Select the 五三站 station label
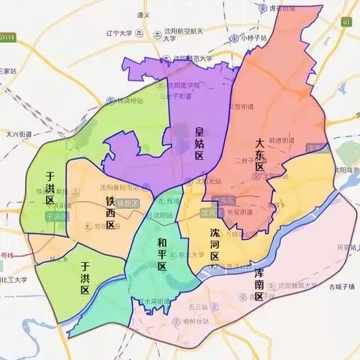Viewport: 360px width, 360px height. [x=198, y=307]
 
